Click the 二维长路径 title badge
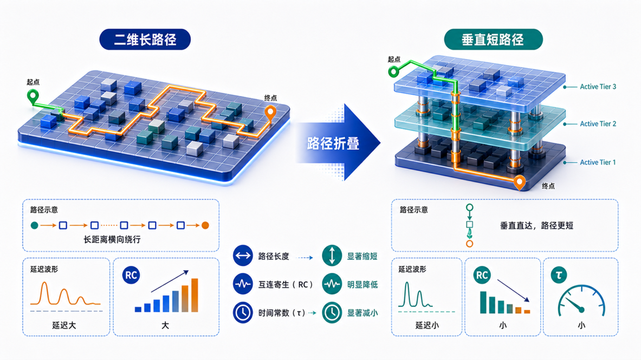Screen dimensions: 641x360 click(145, 40)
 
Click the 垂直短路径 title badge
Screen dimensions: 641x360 click(493, 40)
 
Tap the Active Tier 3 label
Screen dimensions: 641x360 click(598, 87)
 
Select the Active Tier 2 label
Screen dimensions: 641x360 click(598, 124)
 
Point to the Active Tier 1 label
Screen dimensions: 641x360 click(598, 162)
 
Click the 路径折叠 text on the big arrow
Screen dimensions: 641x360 click(333, 143)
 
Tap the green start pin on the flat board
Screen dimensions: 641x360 click(33, 96)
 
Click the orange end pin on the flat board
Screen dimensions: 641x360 click(270, 113)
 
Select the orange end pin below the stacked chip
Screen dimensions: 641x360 click(520, 182)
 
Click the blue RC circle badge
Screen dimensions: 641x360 click(131, 276)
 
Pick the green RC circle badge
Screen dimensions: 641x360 click(482, 276)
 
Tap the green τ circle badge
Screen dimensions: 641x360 click(559, 275)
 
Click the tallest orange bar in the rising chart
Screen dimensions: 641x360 click(195, 295)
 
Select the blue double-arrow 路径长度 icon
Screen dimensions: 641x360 click(243, 256)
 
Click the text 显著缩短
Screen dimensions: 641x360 click(362, 256)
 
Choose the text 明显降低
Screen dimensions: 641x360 click(362, 284)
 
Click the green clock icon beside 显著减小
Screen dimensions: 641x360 click(332, 312)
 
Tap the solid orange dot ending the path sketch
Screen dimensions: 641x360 click(205, 225)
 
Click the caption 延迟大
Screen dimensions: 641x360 click(64, 325)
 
